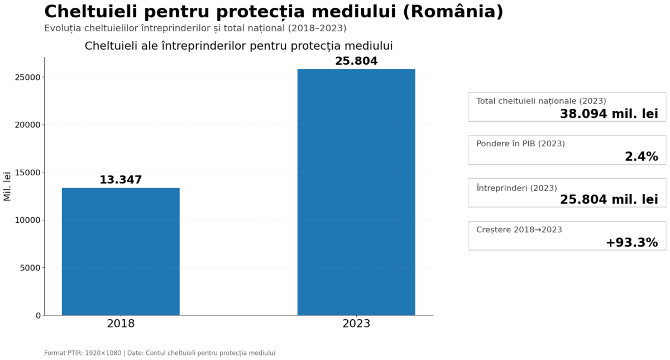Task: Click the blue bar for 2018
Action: [x=121, y=251]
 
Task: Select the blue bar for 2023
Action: [x=356, y=192]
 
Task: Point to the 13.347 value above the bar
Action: [x=121, y=180]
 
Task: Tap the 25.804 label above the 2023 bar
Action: [x=356, y=61]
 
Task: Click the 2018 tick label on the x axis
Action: [x=121, y=324]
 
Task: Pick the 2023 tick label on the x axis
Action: [x=356, y=324]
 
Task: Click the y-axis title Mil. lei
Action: [x=7, y=186]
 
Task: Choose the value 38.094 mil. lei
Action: [x=609, y=114]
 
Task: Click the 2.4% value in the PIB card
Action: [x=641, y=157]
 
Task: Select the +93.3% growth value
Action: [x=631, y=243]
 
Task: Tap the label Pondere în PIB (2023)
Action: [x=520, y=143]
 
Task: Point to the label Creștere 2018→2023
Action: [x=519, y=229]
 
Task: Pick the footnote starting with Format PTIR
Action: [x=159, y=353]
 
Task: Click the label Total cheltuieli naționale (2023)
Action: [x=540, y=101]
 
